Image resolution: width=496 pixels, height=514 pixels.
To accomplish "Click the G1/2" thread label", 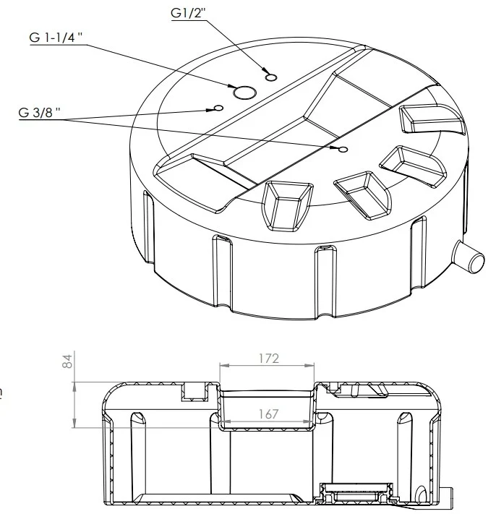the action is pos(188,13).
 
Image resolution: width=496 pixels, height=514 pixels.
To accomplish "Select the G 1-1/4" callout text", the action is pos(56,38).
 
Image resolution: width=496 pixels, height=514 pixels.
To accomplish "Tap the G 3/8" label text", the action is pos(39,113).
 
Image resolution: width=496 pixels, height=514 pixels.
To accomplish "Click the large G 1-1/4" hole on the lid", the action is pos(244,93).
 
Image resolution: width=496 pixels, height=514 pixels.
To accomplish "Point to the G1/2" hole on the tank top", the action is pos(271,77).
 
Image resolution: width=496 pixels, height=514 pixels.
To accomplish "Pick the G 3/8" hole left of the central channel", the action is pos(218,108).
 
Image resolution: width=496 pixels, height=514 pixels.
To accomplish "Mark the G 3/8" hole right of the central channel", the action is pos(343,150).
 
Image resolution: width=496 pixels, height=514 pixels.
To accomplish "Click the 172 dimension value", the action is pos(268,359).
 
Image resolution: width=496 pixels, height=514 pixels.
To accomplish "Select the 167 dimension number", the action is pos(268,414).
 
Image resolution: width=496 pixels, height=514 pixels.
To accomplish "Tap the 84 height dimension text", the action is pos(67,361).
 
